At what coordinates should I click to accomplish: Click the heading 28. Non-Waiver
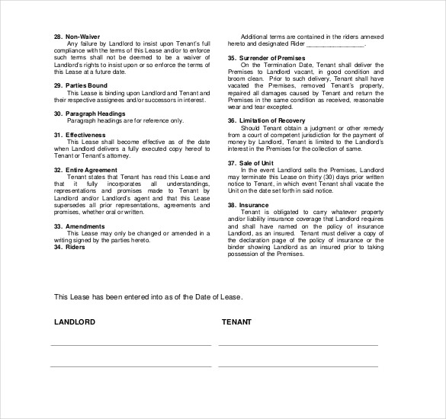pos(76,36)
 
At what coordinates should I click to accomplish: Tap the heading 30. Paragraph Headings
pos(89,114)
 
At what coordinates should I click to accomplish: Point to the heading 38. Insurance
pos(247,205)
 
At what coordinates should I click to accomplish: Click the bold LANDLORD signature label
pos(75,322)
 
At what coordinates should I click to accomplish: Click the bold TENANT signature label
pos(236,322)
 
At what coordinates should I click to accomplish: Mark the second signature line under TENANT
pos(297,366)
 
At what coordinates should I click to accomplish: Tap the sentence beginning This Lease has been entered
pos(139,296)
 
